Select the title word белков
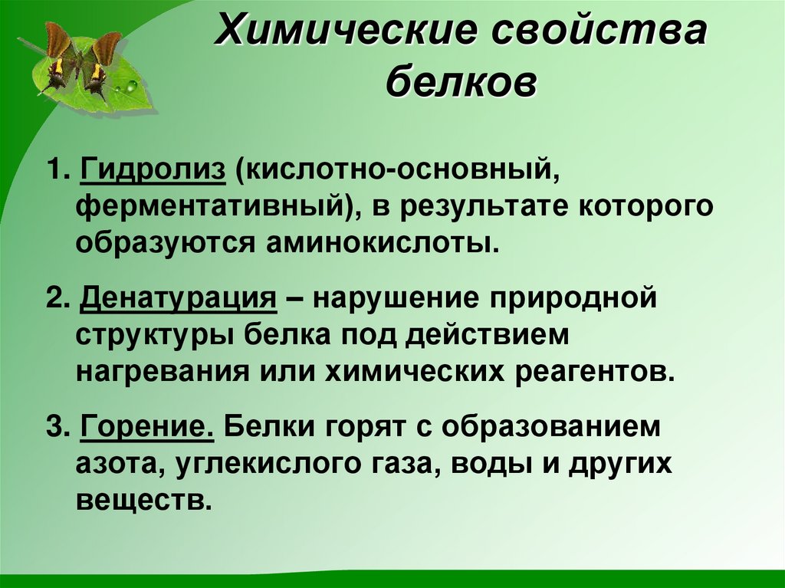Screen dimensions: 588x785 461,83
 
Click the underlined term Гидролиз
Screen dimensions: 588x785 153,168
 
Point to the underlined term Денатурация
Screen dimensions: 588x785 178,297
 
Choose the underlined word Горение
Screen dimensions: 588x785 146,426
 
